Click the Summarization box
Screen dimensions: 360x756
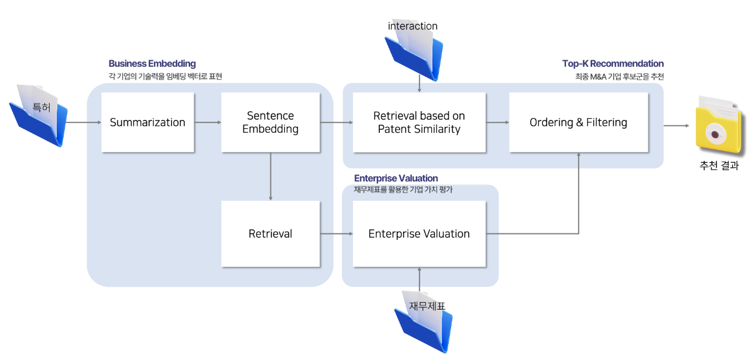147,122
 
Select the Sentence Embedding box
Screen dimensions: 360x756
270,122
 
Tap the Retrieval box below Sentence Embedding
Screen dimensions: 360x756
270,234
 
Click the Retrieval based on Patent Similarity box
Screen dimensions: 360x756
419,122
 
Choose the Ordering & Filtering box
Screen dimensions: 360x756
578,122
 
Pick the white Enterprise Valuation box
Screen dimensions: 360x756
419,234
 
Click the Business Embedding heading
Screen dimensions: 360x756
152,63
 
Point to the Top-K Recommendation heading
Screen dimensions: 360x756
613,63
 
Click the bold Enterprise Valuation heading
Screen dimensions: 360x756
396,178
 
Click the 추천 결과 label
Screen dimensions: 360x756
719,166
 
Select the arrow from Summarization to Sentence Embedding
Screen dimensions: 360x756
207,122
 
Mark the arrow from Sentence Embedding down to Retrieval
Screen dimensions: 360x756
270,176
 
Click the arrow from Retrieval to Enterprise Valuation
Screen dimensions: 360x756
336,234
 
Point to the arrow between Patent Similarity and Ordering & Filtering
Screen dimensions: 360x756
497,122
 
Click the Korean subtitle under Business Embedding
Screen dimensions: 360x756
165,76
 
